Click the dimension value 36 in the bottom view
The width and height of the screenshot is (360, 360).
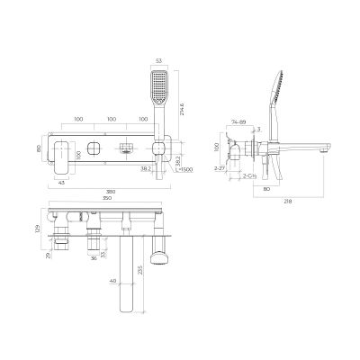pos(95,258)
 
